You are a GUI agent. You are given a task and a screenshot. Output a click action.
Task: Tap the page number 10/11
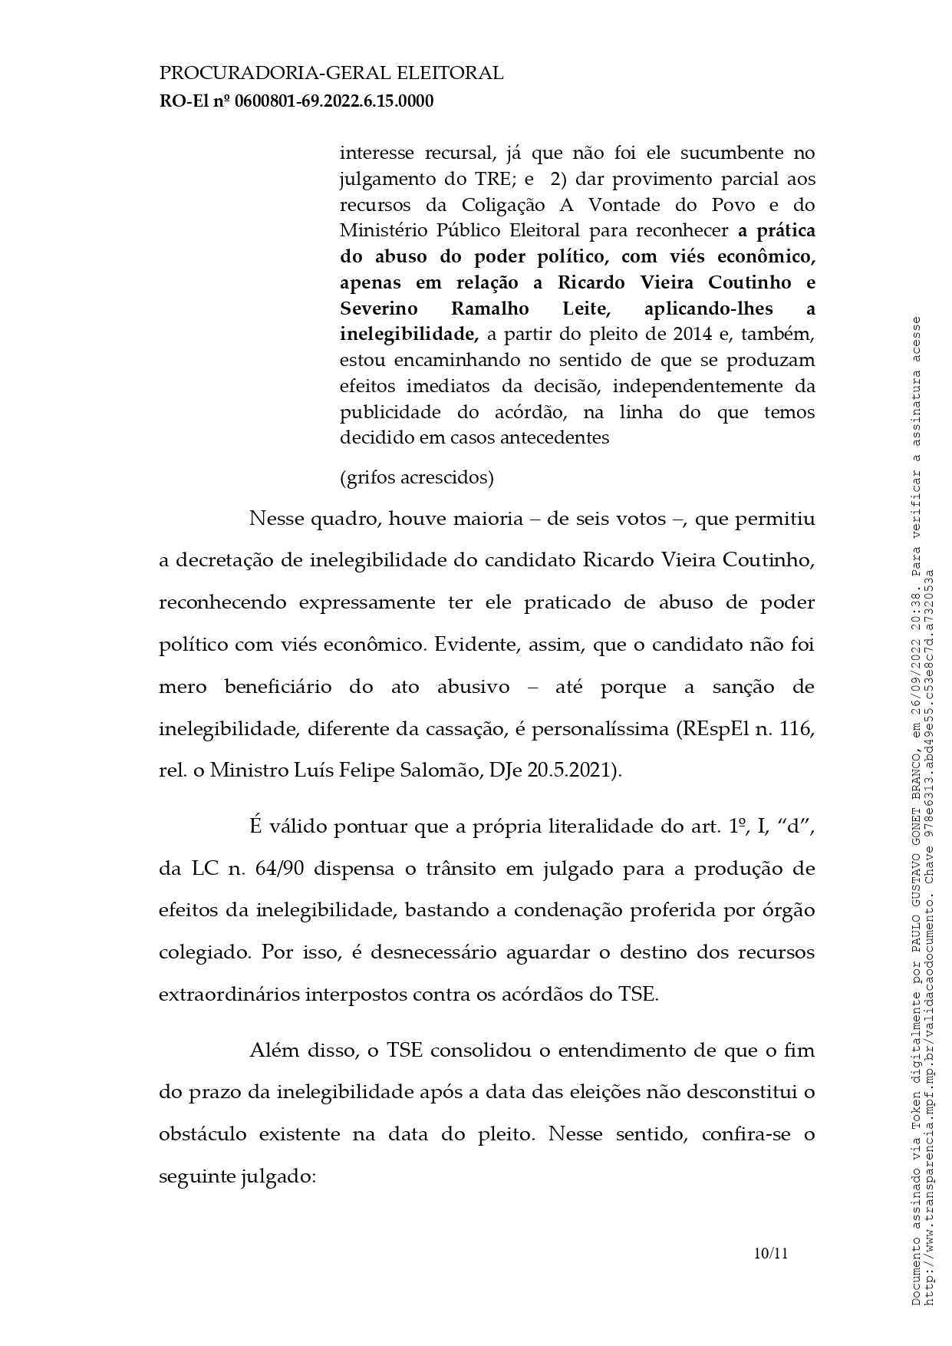coord(771,1254)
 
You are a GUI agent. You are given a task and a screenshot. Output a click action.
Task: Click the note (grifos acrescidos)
coord(417,477)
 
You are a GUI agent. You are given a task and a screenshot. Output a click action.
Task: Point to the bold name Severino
coord(379,308)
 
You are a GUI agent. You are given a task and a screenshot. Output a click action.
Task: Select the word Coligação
coord(503,205)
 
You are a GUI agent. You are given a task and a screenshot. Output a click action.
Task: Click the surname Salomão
coord(448,770)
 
